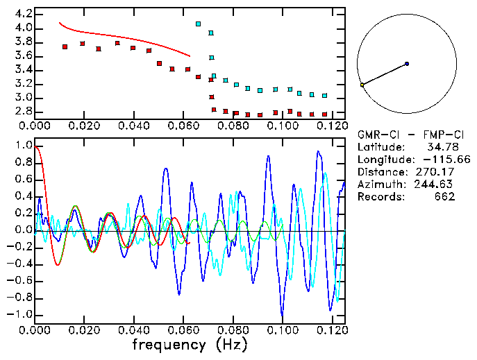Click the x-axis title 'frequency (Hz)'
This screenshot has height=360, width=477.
190,345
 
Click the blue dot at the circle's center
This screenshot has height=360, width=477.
407,64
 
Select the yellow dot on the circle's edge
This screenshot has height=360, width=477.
362,85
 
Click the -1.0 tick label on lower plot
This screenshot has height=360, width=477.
19,314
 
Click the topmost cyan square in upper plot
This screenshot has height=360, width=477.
199,24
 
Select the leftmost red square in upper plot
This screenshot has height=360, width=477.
65,46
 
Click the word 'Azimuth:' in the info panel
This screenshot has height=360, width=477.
379,184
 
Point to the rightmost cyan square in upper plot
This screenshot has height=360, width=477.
324,96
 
